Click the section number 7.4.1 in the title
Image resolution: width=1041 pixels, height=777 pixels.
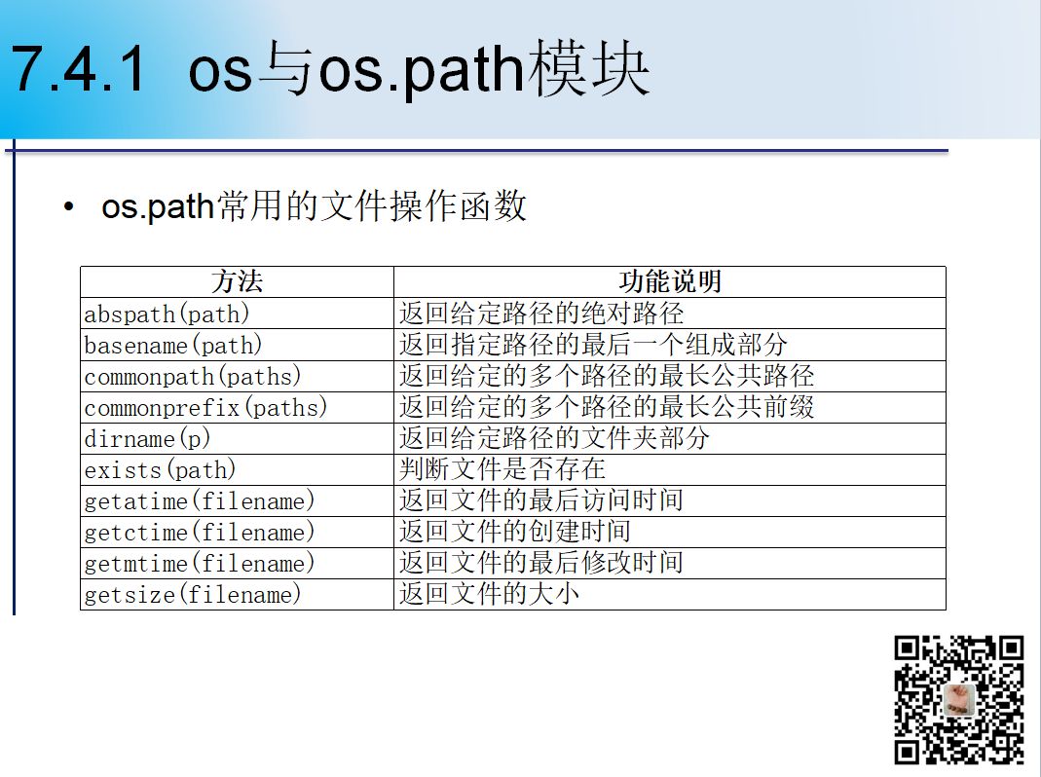[78, 69]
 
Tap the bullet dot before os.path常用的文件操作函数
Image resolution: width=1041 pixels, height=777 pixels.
[69, 207]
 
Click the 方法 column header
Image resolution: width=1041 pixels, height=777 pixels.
[237, 281]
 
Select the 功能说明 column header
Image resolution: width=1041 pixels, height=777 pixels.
[670, 281]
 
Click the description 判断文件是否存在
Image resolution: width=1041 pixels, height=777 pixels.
[502, 469]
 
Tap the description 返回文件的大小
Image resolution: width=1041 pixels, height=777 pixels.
[489, 594]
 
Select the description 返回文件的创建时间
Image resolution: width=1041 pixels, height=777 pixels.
[515, 532]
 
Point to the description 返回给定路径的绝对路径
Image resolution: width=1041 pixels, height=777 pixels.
[541, 313]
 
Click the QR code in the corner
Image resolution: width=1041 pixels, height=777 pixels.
[958, 701]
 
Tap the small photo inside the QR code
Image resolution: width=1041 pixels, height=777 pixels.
[958, 700]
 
